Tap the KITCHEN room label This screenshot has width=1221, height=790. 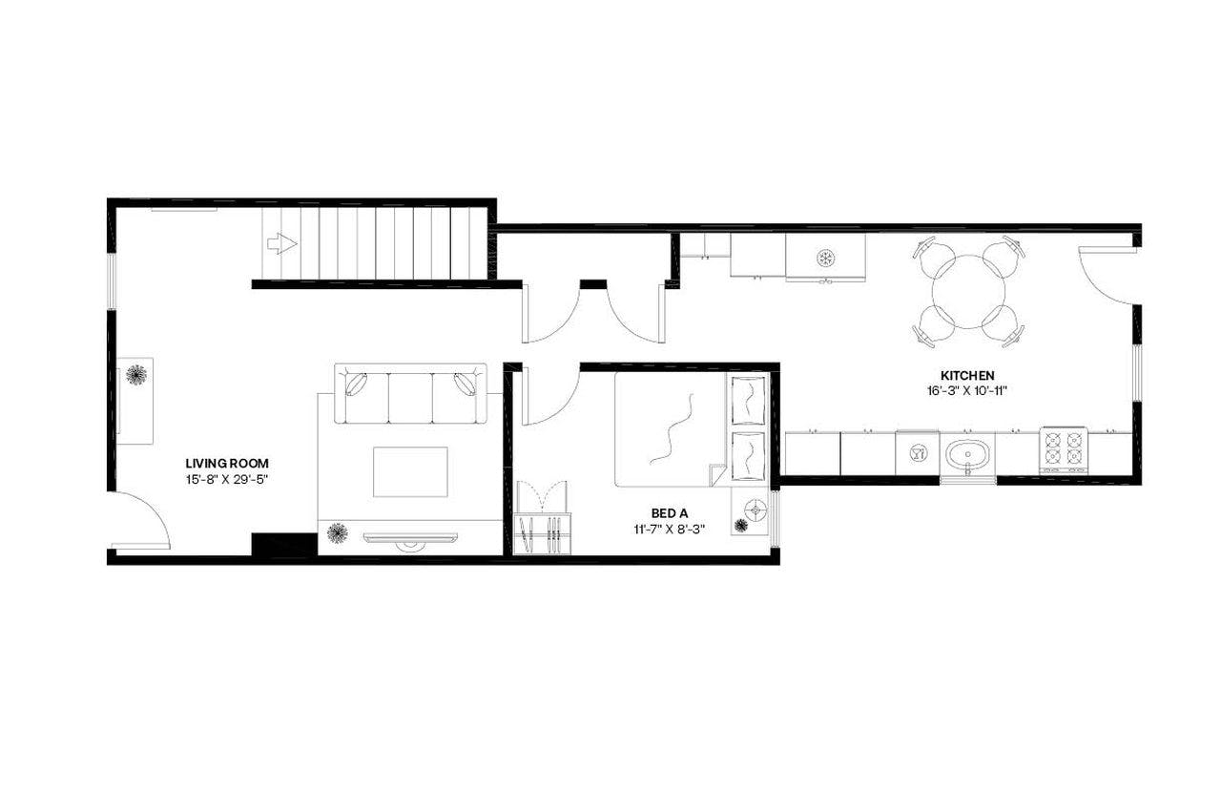coord(967,375)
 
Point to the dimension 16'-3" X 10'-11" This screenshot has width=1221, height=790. coord(967,390)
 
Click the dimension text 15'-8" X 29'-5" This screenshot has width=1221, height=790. coord(227,480)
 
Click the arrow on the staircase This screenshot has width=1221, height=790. coord(281,244)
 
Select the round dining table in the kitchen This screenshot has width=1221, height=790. coord(968,291)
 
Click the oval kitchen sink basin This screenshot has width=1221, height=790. coord(967,454)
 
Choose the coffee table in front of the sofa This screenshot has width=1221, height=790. coord(410,471)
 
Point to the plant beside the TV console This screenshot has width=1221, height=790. coord(337,532)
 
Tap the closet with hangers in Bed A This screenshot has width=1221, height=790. coord(542,532)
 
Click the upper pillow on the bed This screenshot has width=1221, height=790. coord(747,399)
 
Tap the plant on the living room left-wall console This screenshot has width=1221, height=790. coord(136,374)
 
